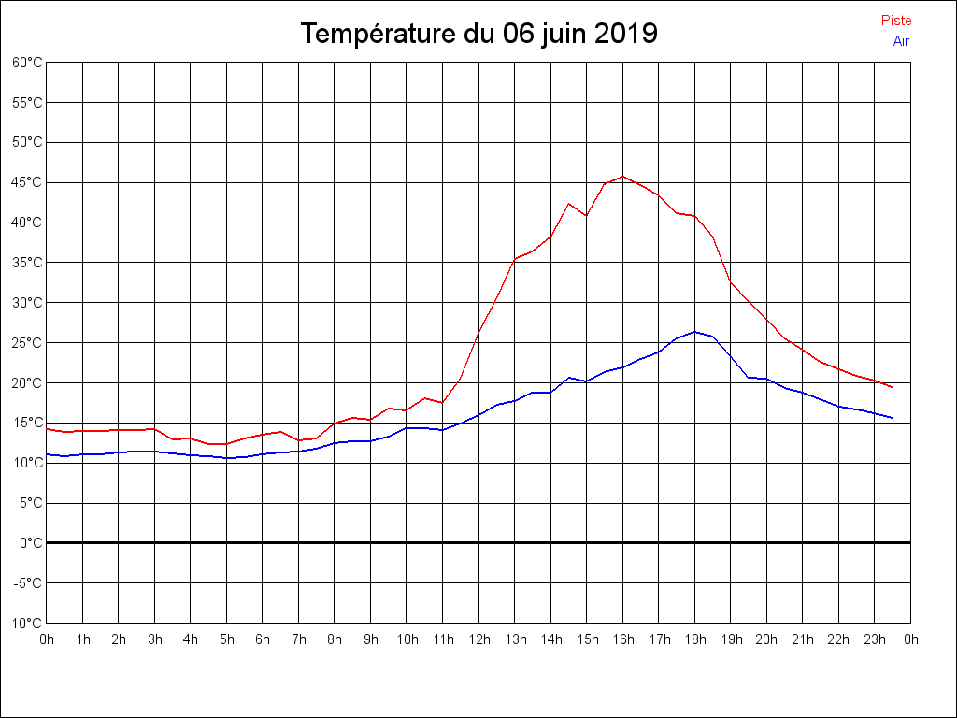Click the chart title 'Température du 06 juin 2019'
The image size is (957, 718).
[478, 34]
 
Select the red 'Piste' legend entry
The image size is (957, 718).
[896, 21]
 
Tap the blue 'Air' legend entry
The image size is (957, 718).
[901, 41]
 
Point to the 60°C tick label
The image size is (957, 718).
[27, 63]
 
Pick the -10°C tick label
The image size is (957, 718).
[26, 624]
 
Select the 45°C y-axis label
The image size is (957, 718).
[27, 182]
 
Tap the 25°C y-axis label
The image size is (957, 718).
[27, 343]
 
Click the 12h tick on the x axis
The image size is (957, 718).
[478, 639]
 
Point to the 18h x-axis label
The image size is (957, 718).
[694, 639]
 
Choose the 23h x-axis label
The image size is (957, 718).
[875, 639]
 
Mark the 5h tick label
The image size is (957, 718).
[227, 639]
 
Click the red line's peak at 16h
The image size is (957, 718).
[622, 177]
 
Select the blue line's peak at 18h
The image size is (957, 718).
[694, 332]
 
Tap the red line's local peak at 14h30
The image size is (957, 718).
[568, 203]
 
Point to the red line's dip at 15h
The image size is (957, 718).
[586, 216]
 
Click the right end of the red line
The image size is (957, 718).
[892, 387]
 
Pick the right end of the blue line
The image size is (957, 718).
[892, 418]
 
